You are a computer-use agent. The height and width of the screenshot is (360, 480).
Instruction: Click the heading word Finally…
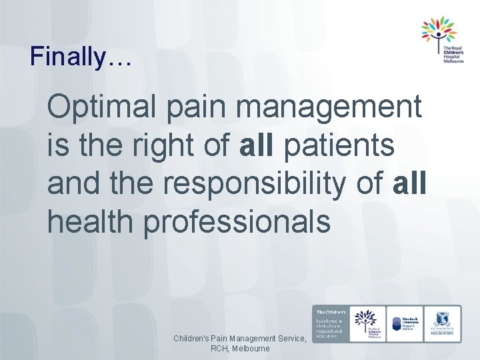pos(81,56)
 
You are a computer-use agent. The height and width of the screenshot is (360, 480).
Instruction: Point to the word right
pos(167,145)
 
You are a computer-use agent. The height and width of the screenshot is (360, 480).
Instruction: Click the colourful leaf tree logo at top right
pos(438,31)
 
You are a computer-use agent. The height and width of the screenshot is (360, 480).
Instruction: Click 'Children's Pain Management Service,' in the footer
pos(239,339)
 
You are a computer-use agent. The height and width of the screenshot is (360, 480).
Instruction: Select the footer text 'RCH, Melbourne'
pos(239,349)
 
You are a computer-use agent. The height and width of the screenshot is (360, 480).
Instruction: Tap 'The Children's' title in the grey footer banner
pos(330,312)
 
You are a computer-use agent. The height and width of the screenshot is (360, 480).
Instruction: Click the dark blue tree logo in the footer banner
pos(366,319)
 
